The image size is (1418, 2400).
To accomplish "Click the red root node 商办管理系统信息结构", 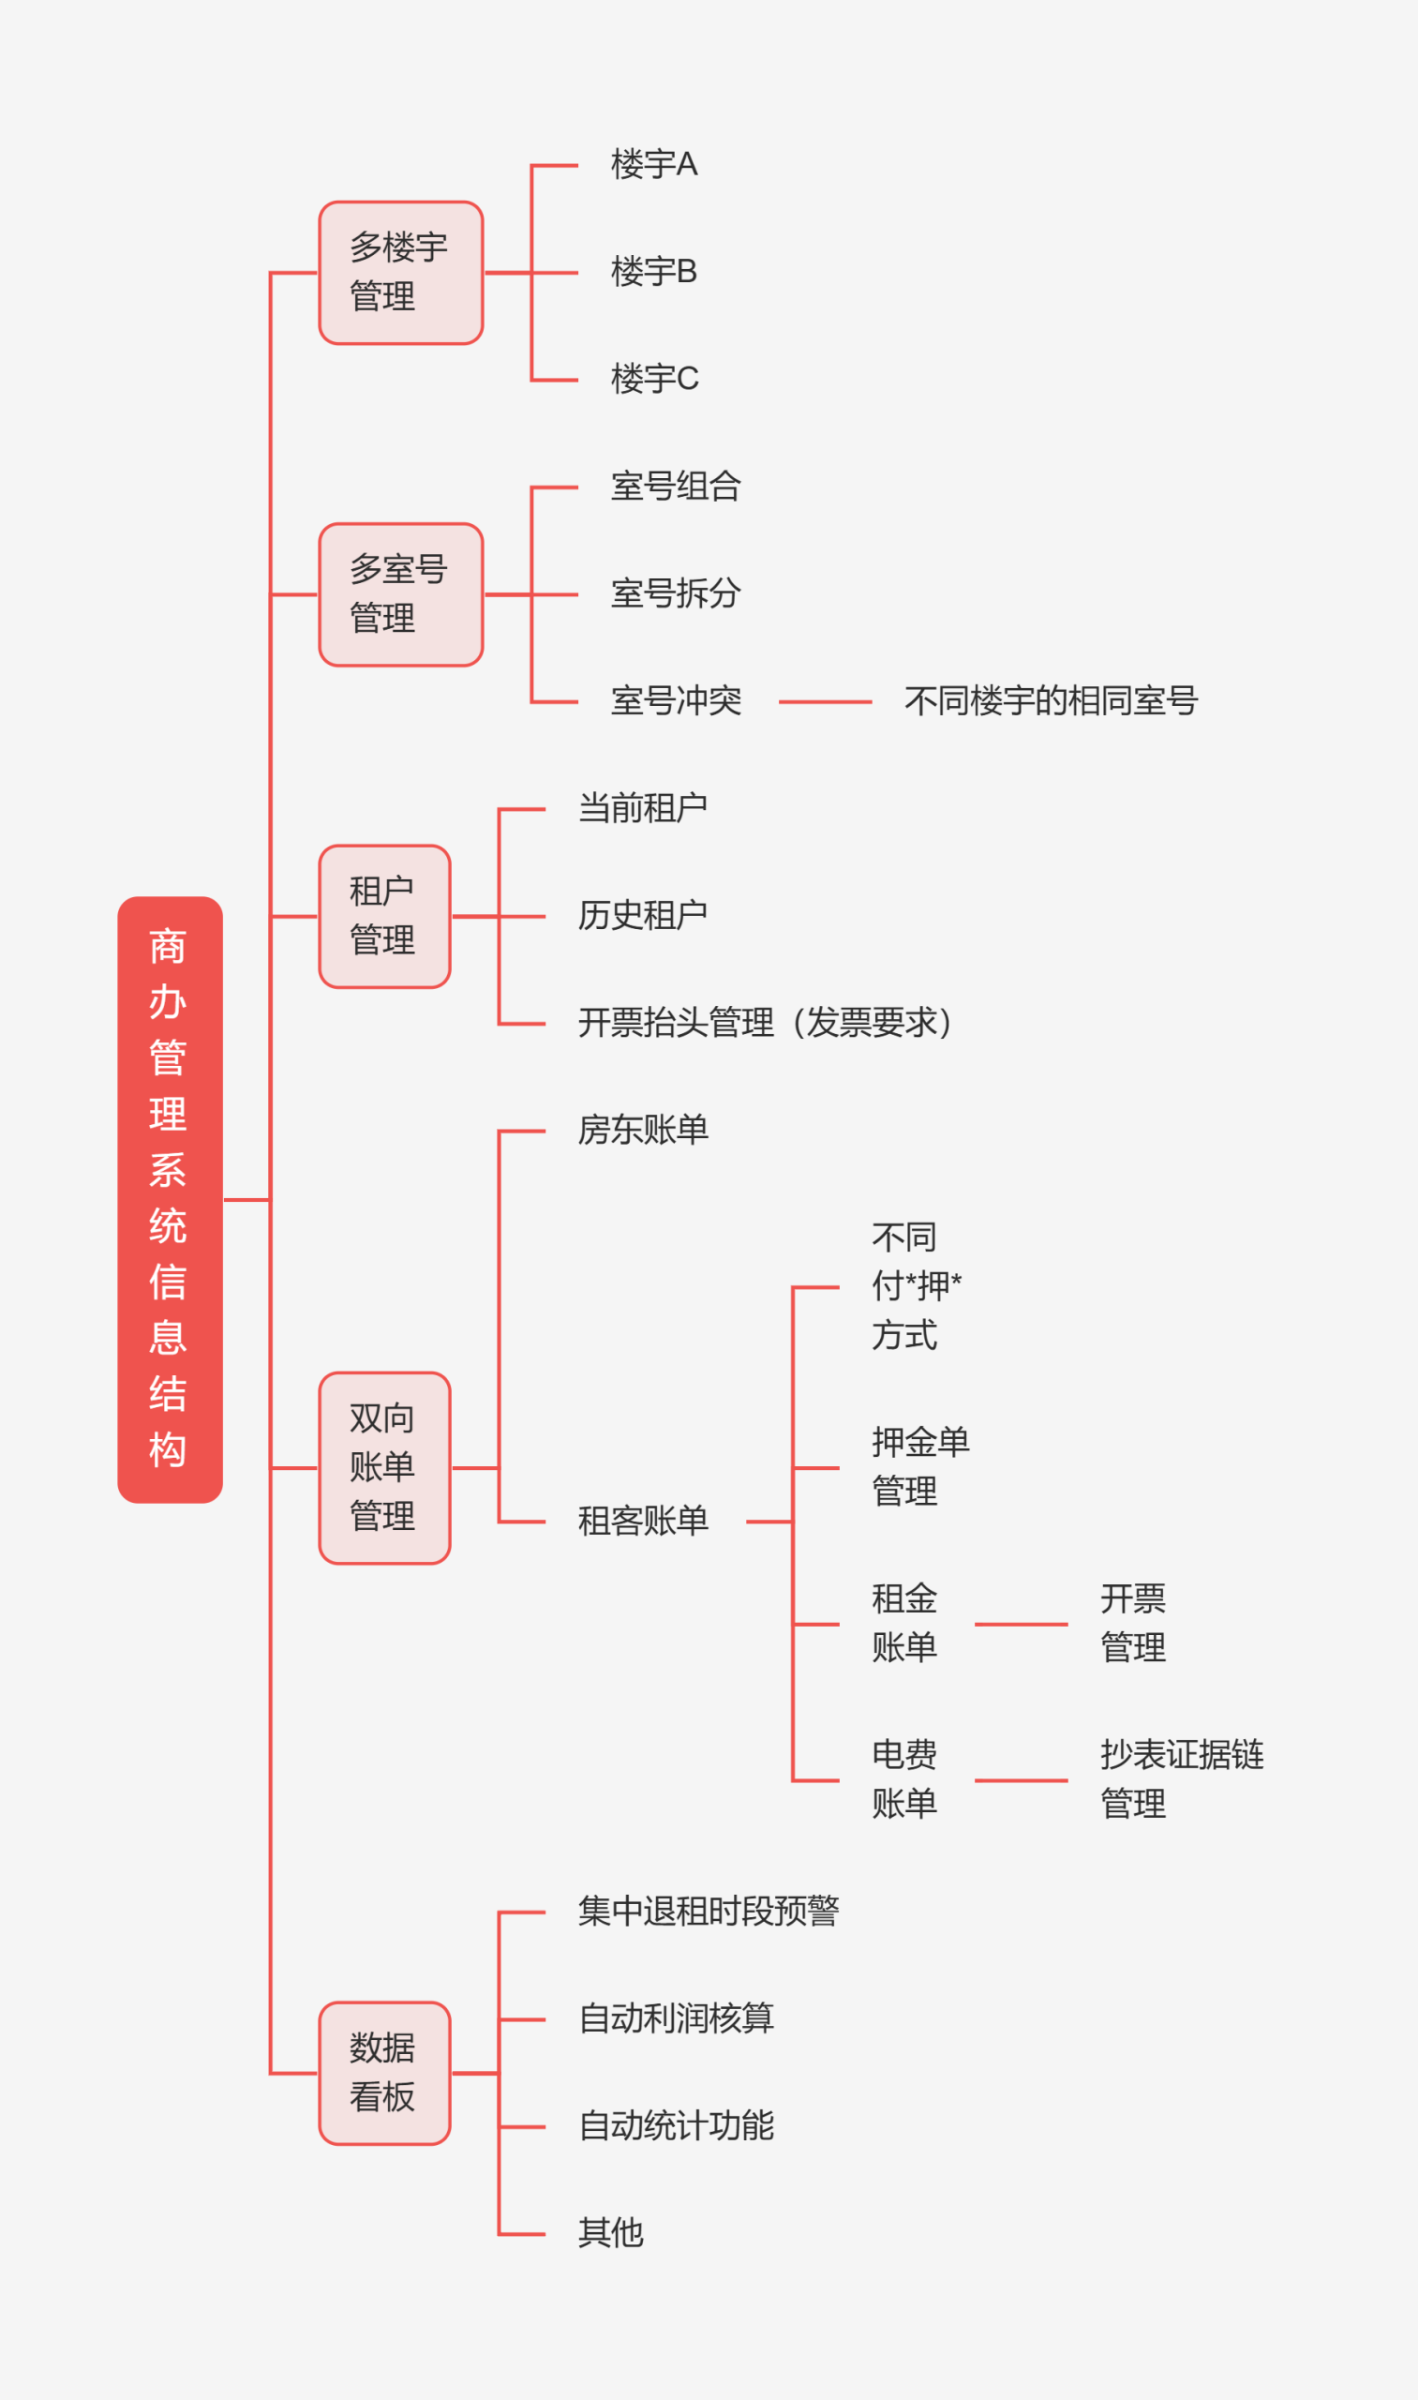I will [170, 1199].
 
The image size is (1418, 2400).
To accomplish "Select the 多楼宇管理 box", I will [400, 273].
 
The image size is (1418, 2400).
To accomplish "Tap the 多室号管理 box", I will [400, 594].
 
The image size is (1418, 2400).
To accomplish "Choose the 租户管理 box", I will [384, 917].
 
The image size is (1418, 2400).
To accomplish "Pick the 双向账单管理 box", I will [384, 1468].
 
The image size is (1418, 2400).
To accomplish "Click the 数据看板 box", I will [384, 2073].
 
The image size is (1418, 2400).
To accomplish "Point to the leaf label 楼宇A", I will [654, 164].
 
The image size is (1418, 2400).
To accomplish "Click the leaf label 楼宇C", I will [654, 380].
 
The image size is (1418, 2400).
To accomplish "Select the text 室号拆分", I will [676, 593].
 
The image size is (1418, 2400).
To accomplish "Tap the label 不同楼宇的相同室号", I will [1051, 701].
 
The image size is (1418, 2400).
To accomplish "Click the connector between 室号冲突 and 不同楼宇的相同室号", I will [825, 702].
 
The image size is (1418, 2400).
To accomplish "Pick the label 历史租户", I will [642, 916].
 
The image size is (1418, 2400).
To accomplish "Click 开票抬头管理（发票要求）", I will [766, 1023].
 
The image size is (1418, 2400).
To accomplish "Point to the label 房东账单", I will [642, 1130].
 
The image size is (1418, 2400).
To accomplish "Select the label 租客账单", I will [642, 1521].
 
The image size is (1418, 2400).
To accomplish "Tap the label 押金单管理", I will [919, 1466].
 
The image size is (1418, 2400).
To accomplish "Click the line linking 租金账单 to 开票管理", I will [1021, 1624].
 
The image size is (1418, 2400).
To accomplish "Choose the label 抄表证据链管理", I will [1181, 1778].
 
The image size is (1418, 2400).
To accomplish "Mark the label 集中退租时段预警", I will [708, 1912].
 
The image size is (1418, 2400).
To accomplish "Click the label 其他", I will [610, 2234].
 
